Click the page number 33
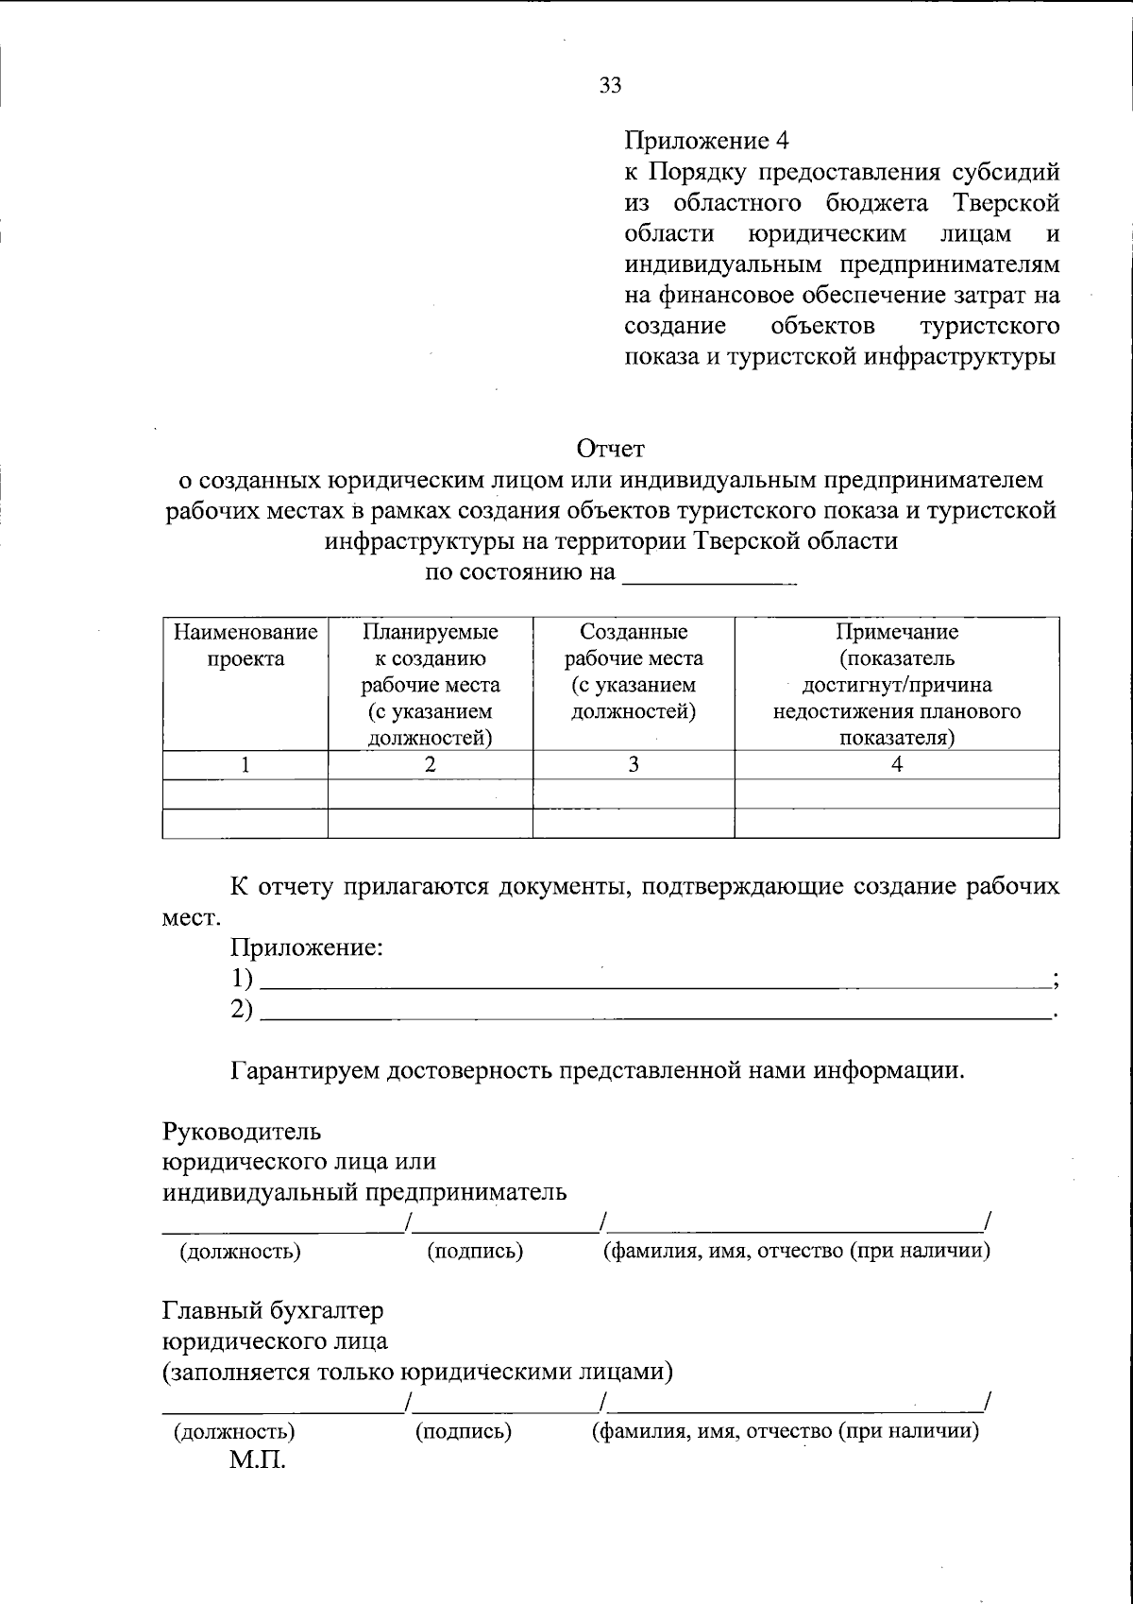610,86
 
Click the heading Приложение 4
706,141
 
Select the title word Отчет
610,448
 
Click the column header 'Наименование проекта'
245,645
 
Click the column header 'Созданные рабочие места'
634,671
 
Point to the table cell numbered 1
245,765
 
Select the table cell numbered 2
430,765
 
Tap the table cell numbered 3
634,765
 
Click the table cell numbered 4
896,765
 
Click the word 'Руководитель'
242,1131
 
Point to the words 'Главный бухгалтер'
273,1311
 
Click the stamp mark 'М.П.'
256,1461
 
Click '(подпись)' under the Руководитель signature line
475,1252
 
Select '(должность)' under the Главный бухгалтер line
234,1431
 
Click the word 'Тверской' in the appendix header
1006,203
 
